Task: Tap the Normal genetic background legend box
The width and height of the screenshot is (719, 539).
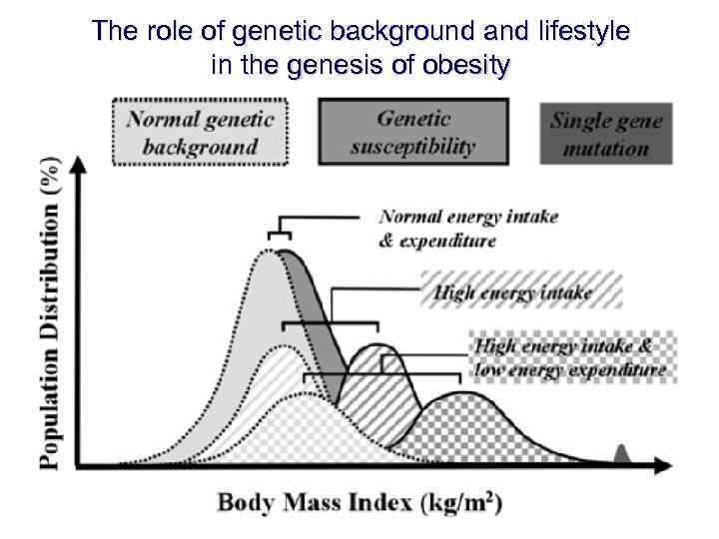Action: [200, 131]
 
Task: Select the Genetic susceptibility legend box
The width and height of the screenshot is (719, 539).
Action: [412, 131]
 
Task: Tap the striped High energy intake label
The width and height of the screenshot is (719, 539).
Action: [520, 290]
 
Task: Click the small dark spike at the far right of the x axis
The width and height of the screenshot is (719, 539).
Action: [621, 456]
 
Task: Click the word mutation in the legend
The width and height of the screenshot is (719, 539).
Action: [605, 149]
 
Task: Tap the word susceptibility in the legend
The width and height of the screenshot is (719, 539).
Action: [412, 145]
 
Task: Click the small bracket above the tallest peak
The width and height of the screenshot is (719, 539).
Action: [281, 230]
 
